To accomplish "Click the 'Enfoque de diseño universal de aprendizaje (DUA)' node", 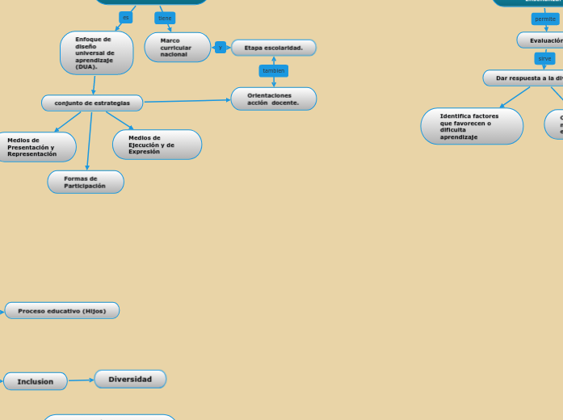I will (x=96, y=53).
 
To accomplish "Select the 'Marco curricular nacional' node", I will (x=177, y=48).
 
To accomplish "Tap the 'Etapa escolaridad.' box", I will (x=274, y=48).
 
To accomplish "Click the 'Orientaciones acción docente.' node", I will (x=274, y=99).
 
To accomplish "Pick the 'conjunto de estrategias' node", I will (x=92, y=103).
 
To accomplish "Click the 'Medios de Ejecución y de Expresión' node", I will (x=157, y=145).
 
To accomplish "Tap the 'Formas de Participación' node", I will (x=86, y=182).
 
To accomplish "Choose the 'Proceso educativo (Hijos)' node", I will (x=62, y=311).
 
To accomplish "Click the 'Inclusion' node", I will (x=36, y=381).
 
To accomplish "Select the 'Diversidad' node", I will (x=130, y=379).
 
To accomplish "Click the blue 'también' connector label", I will (x=274, y=71).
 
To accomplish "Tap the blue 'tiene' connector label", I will (x=165, y=18).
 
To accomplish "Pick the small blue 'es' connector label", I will (x=126, y=18).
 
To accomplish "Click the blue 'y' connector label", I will (x=221, y=48).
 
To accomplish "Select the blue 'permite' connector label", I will (x=545, y=19).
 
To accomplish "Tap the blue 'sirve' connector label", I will (x=545, y=58).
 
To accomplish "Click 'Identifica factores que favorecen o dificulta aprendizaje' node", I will (x=472, y=126).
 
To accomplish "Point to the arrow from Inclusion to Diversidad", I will (x=81, y=380).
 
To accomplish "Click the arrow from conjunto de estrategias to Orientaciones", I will (x=187, y=101).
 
